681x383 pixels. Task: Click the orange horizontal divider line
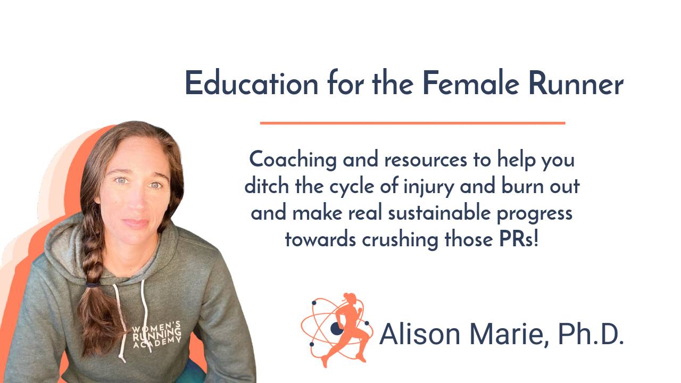(412, 123)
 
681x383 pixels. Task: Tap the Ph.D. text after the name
(591, 334)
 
